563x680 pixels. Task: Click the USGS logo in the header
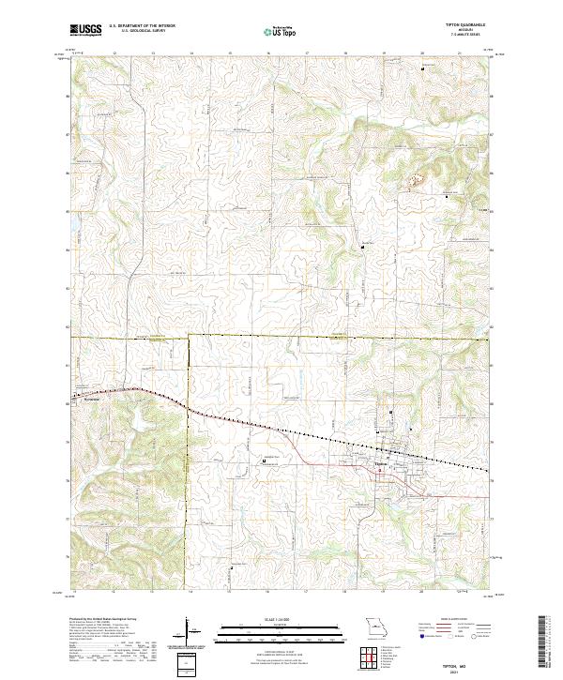click(85, 30)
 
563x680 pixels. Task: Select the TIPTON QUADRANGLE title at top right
click(459, 26)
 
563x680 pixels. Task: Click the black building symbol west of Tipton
click(265, 461)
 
